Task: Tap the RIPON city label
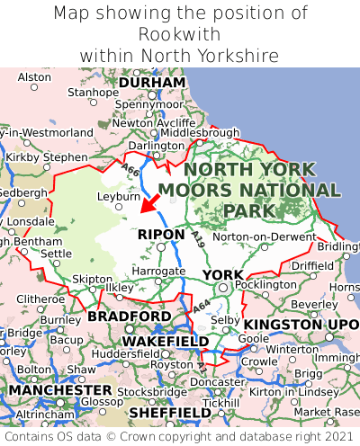pyautogui.click(x=161, y=235)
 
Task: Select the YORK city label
pyautogui.click(x=222, y=274)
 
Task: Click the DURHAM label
pyautogui.click(x=152, y=83)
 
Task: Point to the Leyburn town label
pyautogui.click(x=118, y=195)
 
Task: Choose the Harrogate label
pyautogui.click(x=159, y=271)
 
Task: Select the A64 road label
pyautogui.click(x=202, y=308)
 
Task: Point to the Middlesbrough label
pyautogui.click(x=200, y=131)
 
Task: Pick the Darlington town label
pyautogui.click(x=155, y=145)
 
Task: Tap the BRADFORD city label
pyautogui.click(x=129, y=317)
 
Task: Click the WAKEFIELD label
pyautogui.click(x=165, y=342)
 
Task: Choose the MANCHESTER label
pyautogui.click(x=59, y=391)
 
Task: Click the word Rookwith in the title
pyautogui.click(x=179, y=34)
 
